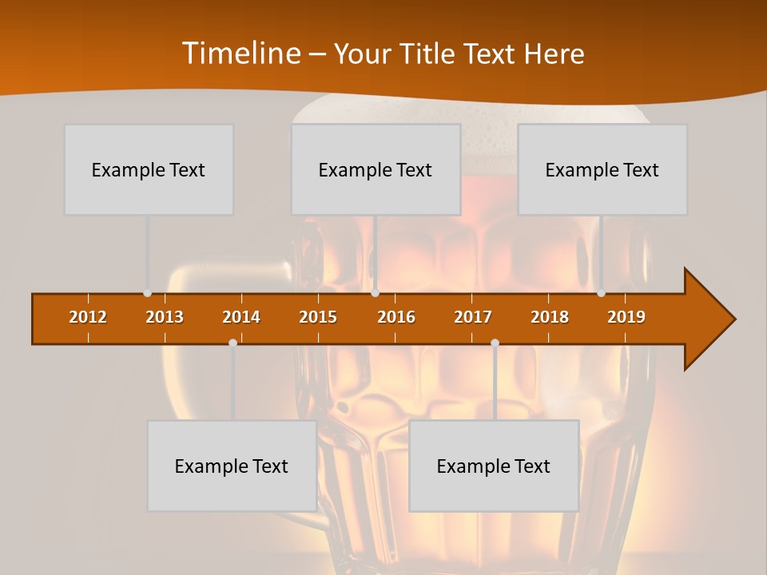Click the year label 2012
pyautogui.click(x=88, y=317)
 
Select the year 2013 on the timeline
pyautogui.click(x=165, y=317)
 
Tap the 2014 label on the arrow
pyautogui.click(x=241, y=317)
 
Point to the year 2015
pyautogui.click(x=318, y=317)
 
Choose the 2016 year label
pyautogui.click(x=396, y=317)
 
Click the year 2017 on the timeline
pyautogui.click(x=473, y=317)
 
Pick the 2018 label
pyautogui.click(x=550, y=317)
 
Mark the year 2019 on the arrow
pyautogui.click(x=626, y=317)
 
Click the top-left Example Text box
pyautogui.click(x=149, y=169)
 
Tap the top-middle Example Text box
pyautogui.click(x=376, y=169)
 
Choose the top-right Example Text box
pyautogui.click(x=602, y=169)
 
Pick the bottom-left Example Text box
pyautogui.click(x=232, y=466)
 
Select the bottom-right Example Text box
pyautogui.click(x=494, y=466)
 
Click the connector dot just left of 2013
pyautogui.click(x=147, y=293)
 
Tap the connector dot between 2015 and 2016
pyautogui.click(x=376, y=293)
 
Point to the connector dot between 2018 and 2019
pyautogui.click(x=602, y=293)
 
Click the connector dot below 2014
pyautogui.click(x=232, y=343)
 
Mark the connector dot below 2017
pyautogui.click(x=495, y=343)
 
